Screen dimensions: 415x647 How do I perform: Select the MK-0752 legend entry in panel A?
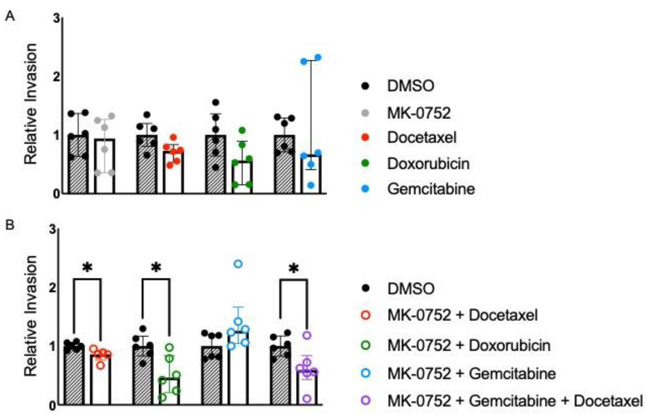tap(419, 113)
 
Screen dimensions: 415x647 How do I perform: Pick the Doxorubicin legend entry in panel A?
tap(428, 164)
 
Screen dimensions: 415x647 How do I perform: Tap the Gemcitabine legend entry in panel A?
tap(431, 189)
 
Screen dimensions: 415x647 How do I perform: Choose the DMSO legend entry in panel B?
tap(411, 289)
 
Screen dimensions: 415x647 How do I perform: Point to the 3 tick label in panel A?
tap(56, 18)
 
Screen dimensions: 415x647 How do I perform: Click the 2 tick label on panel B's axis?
tap(53, 288)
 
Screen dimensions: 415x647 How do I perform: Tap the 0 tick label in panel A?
tap(56, 194)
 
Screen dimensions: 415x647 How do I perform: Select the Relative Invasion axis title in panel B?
tap(30, 316)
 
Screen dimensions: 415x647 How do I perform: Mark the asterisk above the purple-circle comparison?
tap(293, 269)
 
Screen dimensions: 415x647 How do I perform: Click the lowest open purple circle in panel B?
tap(307, 398)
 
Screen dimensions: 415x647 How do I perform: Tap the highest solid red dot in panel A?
tap(174, 137)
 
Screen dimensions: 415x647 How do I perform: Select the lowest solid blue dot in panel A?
tap(311, 185)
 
